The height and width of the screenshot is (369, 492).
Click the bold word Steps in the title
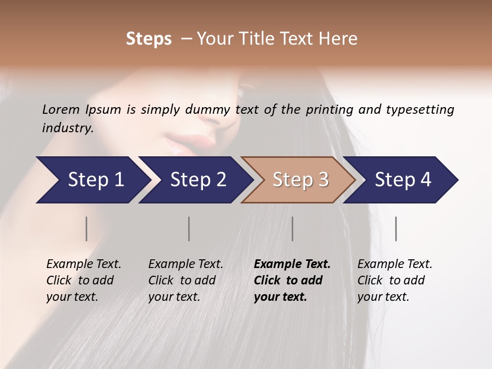[x=149, y=39]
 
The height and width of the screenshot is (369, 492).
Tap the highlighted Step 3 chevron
[x=298, y=180]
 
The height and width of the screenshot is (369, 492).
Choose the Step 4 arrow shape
[x=401, y=180]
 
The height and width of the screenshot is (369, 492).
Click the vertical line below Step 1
[x=87, y=229]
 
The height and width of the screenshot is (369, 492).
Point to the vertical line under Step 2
[x=189, y=229]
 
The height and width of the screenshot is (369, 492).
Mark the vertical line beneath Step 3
[x=293, y=229]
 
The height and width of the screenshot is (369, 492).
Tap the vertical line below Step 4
[x=396, y=229]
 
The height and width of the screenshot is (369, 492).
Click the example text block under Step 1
[x=84, y=280]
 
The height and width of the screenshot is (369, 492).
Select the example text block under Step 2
[x=186, y=280]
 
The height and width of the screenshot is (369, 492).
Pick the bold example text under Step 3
[x=292, y=280]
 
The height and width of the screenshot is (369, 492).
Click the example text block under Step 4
[x=395, y=280]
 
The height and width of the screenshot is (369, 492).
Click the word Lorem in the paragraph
[x=61, y=110]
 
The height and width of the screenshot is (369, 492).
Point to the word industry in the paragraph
[x=67, y=128]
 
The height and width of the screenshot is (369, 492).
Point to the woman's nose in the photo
[x=215, y=115]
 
